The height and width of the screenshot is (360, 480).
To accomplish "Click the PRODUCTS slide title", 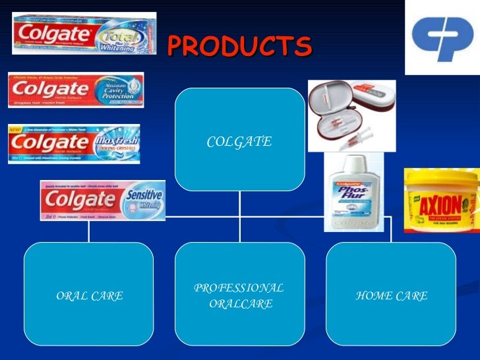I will (239, 46).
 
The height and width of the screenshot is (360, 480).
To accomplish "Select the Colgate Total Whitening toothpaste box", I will (84, 33).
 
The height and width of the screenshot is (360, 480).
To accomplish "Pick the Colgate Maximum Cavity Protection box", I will (75, 89).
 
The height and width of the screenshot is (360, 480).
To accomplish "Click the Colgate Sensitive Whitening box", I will (102, 199).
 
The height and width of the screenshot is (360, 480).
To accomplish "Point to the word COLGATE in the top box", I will (239, 142).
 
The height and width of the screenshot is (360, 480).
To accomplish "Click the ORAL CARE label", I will (90, 296).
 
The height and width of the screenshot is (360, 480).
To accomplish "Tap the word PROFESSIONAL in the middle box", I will (239, 288).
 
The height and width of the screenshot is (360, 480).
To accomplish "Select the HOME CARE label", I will (391, 296).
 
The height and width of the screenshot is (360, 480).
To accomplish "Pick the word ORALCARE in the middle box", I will (240, 304).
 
